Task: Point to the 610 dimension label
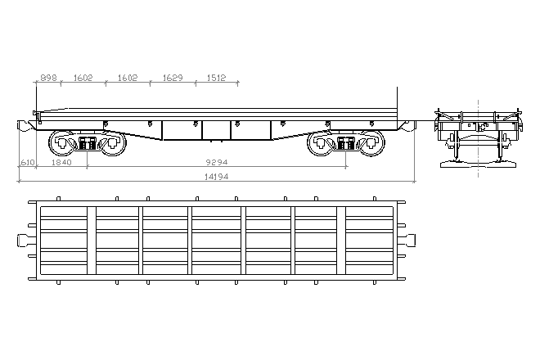pyautogui.click(x=26, y=163)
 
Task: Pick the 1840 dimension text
pyautogui.click(x=61, y=163)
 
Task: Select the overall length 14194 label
pyautogui.click(x=216, y=178)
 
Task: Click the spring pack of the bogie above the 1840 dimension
pyautogui.click(x=87, y=144)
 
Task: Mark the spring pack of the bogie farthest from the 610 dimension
pyautogui.click(x=345, y=144)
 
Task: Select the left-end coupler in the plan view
pyautogui.click(x=23, y=240)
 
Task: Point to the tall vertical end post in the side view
pyautogui.click(x=396, y=102)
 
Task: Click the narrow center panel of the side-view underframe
pyautogui.click(x=216, y=130)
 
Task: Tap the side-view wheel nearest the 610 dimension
pyautogui.click(x=61, y=144)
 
